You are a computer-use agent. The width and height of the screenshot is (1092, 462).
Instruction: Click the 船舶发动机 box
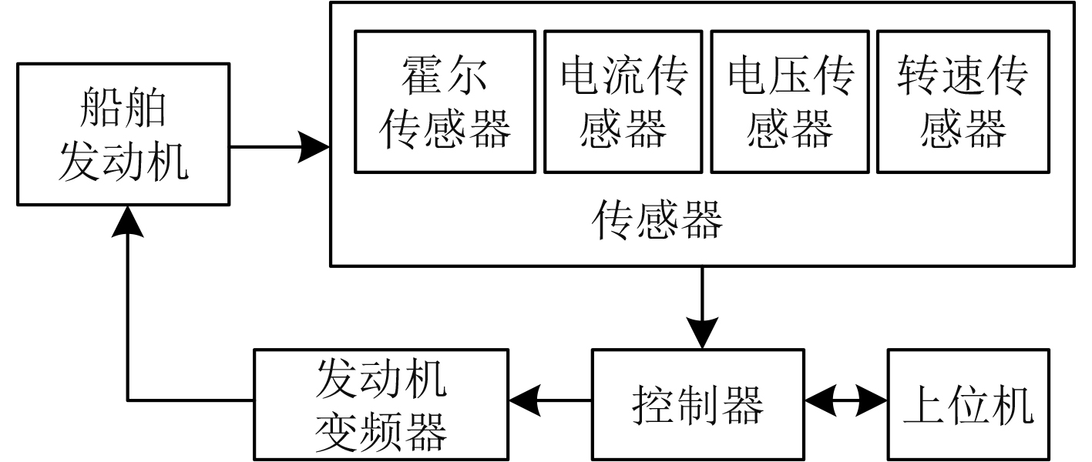123,134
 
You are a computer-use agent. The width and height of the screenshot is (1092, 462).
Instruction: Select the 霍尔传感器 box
445,102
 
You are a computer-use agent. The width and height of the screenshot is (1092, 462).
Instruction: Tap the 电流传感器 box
623,102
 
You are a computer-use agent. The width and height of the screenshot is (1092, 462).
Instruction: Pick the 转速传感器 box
963,102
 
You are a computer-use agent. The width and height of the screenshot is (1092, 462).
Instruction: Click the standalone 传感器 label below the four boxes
657,222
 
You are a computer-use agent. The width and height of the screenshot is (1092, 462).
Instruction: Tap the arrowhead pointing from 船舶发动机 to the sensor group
314,146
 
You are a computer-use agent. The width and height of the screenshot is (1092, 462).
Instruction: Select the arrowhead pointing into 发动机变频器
524,401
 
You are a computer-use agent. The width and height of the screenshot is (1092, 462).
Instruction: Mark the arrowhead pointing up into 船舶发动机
126,222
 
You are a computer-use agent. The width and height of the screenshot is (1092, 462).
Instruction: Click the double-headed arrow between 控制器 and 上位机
845,401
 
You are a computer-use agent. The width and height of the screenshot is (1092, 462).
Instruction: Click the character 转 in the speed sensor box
918,75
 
